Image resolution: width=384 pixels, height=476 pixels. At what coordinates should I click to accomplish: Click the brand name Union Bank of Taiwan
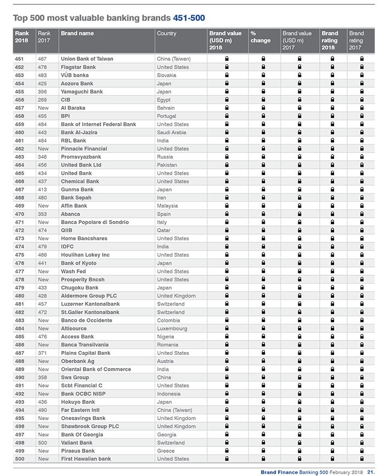pyautogui.click(x=88, y=59)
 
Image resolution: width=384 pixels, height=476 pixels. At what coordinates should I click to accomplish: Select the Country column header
pyautogui.click(x=166, y=33)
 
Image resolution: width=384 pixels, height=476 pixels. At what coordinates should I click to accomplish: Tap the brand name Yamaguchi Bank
pyautogui.click(x=82, y=92)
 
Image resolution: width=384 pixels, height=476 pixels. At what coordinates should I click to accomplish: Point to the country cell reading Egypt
pyautogui.click(x=163, y=100)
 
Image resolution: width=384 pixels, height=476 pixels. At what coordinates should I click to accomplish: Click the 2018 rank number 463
pyautogui.click(x=20, y=157)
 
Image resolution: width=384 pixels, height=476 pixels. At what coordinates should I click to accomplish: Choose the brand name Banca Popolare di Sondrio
pyautogui.click(x=94, y=222)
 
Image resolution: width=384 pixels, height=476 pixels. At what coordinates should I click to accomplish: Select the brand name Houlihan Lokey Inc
pyautogui.click(x=85, y=255)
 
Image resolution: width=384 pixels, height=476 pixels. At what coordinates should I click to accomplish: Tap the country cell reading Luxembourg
pyautogui.click(x=172, y=328)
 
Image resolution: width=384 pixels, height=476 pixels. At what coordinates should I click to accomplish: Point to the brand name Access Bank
pyautogui.click(x=77, y=337)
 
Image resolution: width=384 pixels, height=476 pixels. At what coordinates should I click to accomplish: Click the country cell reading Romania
pyautogui.click(x=167, y=345)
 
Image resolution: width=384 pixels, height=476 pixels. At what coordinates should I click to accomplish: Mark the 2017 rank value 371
pyautogui.click(x=43, y=353)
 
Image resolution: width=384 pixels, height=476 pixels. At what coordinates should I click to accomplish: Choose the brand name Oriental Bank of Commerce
pyautogui.click(x=96, y=369)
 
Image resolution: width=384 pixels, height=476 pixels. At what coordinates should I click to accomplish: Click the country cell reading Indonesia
pyautogui.click(x=168, y=394)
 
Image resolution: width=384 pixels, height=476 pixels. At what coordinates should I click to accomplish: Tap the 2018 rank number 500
pyautogui.click(x=20, y=459)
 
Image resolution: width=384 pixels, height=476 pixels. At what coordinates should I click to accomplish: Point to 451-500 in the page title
pyautogui.click(x=189, y=18)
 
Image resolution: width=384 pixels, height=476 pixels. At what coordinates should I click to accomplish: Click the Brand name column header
pyautogui.click(x=77, y=33)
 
